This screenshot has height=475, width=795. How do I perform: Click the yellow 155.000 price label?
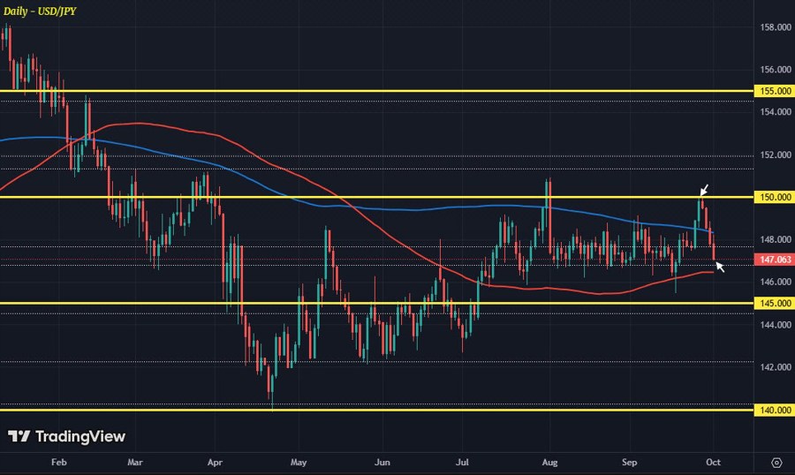773,91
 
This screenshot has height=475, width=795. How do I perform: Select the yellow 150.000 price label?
773,197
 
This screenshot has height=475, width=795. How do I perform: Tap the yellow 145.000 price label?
773,303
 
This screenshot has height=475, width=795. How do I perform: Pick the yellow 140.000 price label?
773,410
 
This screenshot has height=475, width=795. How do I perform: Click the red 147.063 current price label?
773,260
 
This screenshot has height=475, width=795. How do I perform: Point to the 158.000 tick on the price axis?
776,27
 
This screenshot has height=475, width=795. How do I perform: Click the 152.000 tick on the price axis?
776,155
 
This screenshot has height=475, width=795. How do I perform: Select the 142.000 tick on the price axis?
776,367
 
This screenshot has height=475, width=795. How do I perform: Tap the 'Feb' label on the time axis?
58,462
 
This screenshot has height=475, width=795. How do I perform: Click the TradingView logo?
67,436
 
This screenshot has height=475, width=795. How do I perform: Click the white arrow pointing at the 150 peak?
705,190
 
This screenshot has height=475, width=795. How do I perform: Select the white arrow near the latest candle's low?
720,266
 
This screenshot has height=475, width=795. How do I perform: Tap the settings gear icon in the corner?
776,462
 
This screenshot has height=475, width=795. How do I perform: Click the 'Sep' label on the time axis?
630,462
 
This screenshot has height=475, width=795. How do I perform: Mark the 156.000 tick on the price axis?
776,70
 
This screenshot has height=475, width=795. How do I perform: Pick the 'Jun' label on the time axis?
382,462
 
